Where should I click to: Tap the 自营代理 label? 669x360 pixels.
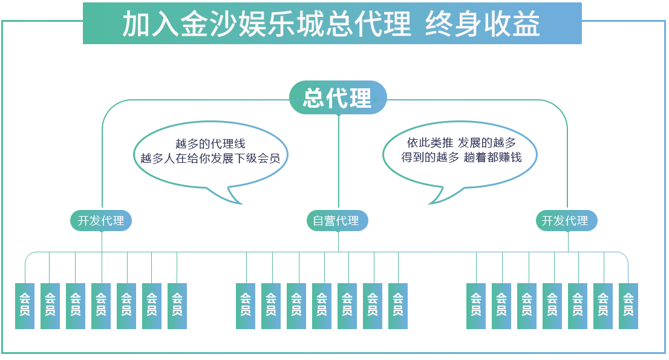coord(336,221)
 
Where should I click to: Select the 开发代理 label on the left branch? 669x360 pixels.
coord(101,221)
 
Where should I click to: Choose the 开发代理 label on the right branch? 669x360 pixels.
coord(565,221)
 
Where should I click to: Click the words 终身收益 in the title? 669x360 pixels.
coord(482,25)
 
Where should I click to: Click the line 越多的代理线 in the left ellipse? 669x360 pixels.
coord(210,144)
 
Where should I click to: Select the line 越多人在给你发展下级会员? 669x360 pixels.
coord(210,159)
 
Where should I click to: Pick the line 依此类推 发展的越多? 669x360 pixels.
coord(461,143)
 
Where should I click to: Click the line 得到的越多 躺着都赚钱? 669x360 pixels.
coord(461,158)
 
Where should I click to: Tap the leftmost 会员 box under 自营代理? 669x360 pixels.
coord(246,305)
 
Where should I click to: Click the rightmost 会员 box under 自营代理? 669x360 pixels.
coord(398,305)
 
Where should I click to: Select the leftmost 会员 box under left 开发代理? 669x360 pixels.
coord(25,305)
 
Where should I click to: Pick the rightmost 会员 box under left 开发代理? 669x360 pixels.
coord(177,305)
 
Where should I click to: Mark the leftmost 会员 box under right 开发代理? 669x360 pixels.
coord(476,305)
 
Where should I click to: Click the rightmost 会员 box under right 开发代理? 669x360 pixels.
coord(628,305)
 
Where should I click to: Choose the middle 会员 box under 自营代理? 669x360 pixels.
coord(322,305)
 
